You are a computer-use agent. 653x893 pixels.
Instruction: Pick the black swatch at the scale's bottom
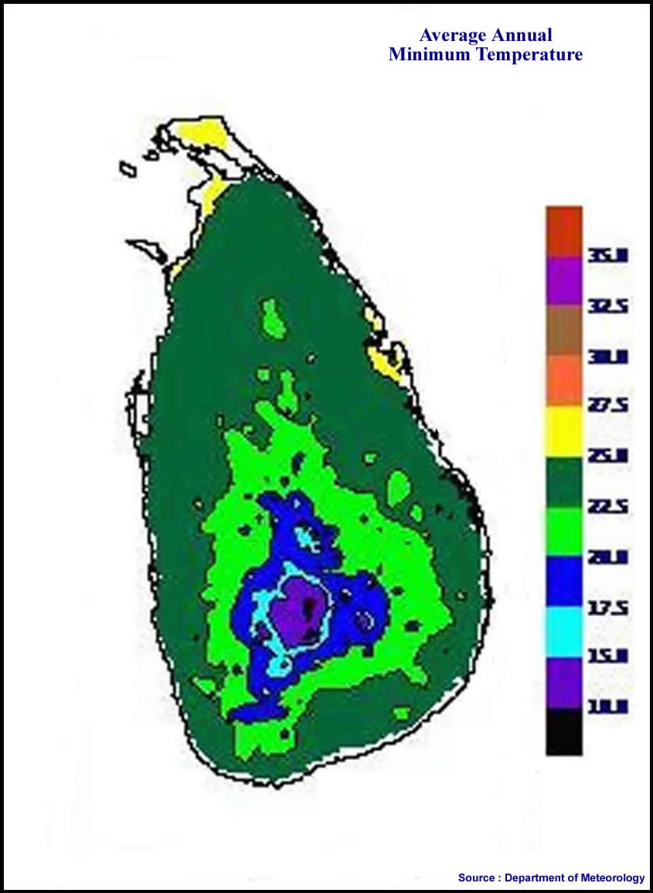(x=563, y=732)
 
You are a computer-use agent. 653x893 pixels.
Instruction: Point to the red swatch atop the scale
(x=563, y=230)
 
